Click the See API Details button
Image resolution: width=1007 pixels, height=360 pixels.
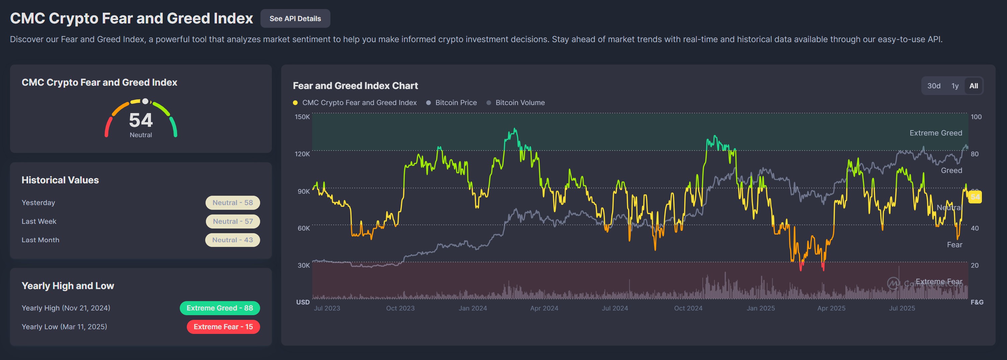(x=295, y=18)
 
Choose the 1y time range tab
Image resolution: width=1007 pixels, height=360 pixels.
(x=955, y=86)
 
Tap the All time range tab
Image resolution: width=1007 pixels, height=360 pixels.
(x=974, y=86)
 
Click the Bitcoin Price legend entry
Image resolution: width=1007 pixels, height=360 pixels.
(x=455, y=103)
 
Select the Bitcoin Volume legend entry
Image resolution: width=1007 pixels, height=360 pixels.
(x=520, y=103)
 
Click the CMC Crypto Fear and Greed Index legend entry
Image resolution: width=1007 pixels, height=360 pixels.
(x=359, y=103)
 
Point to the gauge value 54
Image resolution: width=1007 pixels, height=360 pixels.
(x=141, y=120)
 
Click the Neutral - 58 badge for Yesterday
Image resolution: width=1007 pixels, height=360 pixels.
(x=233, y=203)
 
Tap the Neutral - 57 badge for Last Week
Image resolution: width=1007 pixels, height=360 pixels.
(x=233, y=221)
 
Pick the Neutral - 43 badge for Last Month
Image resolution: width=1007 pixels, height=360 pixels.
(x=233, y=240)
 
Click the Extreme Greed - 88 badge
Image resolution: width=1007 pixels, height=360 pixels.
(x=220, y=308)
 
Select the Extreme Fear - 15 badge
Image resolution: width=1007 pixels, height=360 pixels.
(x=223, y=327)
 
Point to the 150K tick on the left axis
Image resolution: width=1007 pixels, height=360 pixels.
(x=302, y=117)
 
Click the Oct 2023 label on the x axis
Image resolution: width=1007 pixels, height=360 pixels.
(x=400, y=308)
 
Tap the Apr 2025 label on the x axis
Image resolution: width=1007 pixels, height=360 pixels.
(x=831, y=308)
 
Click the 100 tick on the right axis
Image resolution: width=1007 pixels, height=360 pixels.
(x=976, y=117)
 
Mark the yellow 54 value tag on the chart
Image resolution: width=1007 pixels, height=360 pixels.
(x=975, y=197)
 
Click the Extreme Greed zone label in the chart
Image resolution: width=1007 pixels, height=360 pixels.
(x=935, y=133)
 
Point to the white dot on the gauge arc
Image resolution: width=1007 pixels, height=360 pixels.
(x=145, y=102)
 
